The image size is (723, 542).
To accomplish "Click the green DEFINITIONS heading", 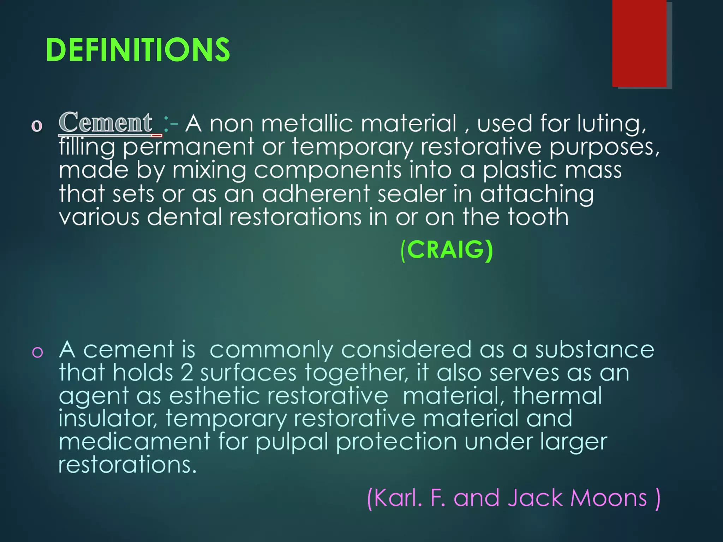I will pyautogui.click(x=138, y=50).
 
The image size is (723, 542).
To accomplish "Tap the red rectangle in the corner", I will pyautogui.click(x=639, y=43).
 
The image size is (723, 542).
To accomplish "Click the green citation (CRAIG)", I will pyautogui.click(x=447, y=250).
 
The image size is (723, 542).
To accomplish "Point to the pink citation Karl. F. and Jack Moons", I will pyautogui.click(x=513, y=498).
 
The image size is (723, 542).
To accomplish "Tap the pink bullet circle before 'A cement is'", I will pyautogui.click(x=37, y=352).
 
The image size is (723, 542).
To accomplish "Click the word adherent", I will pyautogui.click(x=316, y=194).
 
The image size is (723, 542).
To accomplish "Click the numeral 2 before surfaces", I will pyautogui.click(x=187, y=373).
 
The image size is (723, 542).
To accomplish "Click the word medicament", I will pyautogui.click(x=135, y=441).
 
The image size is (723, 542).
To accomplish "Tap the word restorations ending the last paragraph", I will pyautogui.click(x=127, y=464).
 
